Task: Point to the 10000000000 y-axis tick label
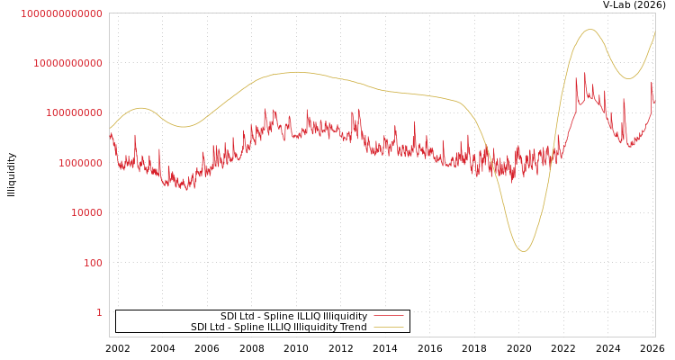click(67, 63)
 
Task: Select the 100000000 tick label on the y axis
click(74, 113)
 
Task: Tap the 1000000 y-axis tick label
click(80, 163)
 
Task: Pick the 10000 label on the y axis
click(86, 213)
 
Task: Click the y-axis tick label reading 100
click(93, 263)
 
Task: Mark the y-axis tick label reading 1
click(99, 312)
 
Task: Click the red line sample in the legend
click(388, 316)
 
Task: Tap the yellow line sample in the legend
click(388, 327)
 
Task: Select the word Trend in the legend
click(352, 328)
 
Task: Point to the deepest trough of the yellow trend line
click(523, 251)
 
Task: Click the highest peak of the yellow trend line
click(589, 30)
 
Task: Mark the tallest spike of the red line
click(584, 74)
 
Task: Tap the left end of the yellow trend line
click(110, 129)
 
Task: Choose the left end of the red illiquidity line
click(110, 135)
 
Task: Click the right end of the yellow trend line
click(655, 31)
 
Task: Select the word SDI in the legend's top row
click(229, 317)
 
